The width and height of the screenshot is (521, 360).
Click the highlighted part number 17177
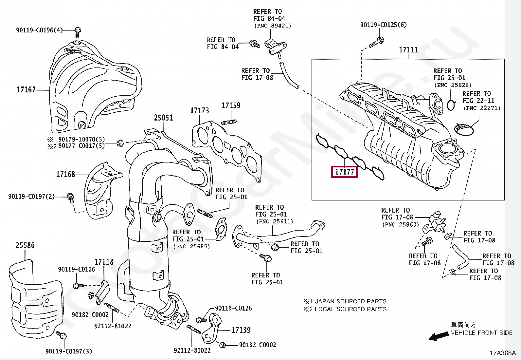tap(345, 172)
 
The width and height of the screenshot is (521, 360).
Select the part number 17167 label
tap(26, 90)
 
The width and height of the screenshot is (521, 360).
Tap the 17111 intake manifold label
tap(408, 49)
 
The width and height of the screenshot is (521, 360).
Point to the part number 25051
tap(164, 118)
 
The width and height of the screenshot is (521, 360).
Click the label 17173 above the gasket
tap(200, 110)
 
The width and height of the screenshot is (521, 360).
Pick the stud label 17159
tap(231, 105)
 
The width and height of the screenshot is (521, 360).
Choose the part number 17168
tap(65, 174)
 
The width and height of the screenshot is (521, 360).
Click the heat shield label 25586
tap(25, 245)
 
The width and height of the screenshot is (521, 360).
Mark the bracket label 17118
tap(104, 262)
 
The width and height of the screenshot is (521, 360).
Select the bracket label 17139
tap(241, 330)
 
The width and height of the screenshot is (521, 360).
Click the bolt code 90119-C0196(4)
tap(39, 30)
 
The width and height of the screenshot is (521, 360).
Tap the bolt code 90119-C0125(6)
tap(383, 25)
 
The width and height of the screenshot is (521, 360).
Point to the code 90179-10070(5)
tap(81, 139)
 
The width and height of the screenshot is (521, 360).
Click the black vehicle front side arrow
tap(439, 336)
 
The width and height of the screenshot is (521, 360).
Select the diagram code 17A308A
tap(503, 353)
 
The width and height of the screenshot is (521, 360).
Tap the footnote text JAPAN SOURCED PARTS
tap(350, 301)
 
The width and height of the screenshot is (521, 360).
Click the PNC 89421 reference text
tap(273, 26)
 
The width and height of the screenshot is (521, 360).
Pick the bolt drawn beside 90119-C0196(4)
tap(78, 32)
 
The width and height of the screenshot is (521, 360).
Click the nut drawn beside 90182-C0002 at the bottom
tap(223, 345)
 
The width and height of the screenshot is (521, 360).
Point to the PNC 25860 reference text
tap(401, 224)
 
